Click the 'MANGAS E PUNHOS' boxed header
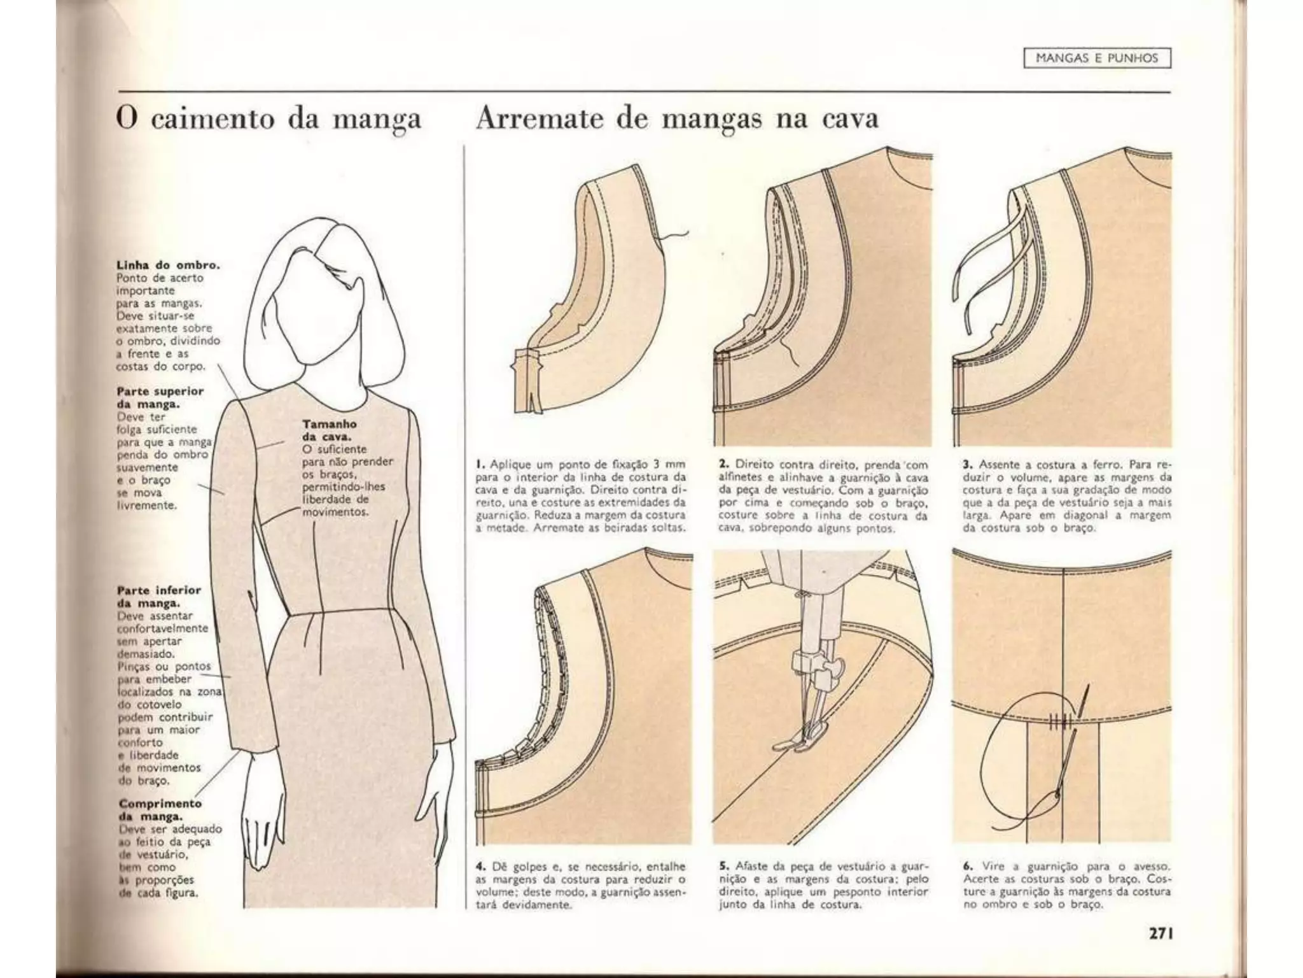[x=1097, y=58]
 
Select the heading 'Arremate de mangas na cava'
[x=677, y=119]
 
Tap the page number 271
[x=1160, y=933]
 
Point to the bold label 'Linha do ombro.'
[x=168, y=266]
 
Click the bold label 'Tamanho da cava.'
[x=329, y=430]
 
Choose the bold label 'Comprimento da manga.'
[x=160, y=810]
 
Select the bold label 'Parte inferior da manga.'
[x=158, y=597]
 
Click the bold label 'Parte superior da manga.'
[x=160, y=398]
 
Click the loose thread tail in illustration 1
[x=675, y=237]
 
